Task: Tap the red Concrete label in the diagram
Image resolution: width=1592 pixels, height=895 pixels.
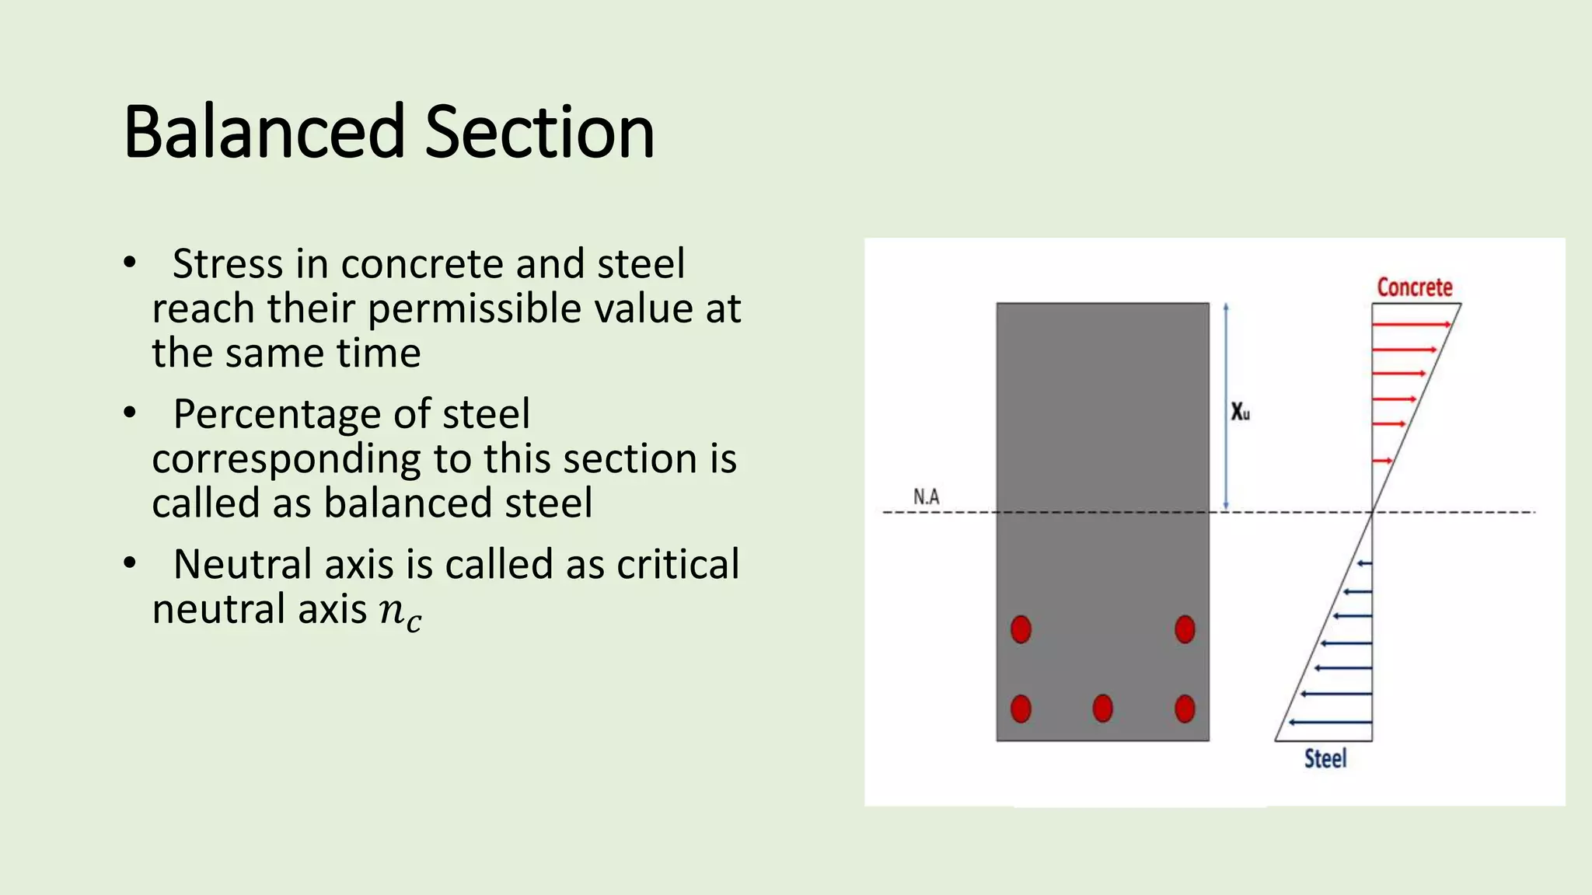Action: [1415, 287]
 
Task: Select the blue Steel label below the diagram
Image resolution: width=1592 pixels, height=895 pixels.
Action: [1325, 758]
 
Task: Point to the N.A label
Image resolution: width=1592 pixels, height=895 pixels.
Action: [926, 496]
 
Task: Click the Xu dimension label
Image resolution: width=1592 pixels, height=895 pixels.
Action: [1240, 412]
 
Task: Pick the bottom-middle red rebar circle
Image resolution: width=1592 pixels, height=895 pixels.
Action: [1102, 709]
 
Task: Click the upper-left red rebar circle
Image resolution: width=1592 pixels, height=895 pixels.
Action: [1021, 629]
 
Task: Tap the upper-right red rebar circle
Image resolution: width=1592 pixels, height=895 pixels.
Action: [1185, 629]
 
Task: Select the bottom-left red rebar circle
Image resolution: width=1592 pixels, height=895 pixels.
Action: [1021, 709]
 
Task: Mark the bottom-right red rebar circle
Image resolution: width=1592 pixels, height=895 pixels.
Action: [1185, 709]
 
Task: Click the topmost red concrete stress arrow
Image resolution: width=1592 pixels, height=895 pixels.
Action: [1411, 324]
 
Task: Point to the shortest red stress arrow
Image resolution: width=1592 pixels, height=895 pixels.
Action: [1382, 461]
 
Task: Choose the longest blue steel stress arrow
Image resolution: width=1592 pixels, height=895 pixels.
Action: [1330, 723]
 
